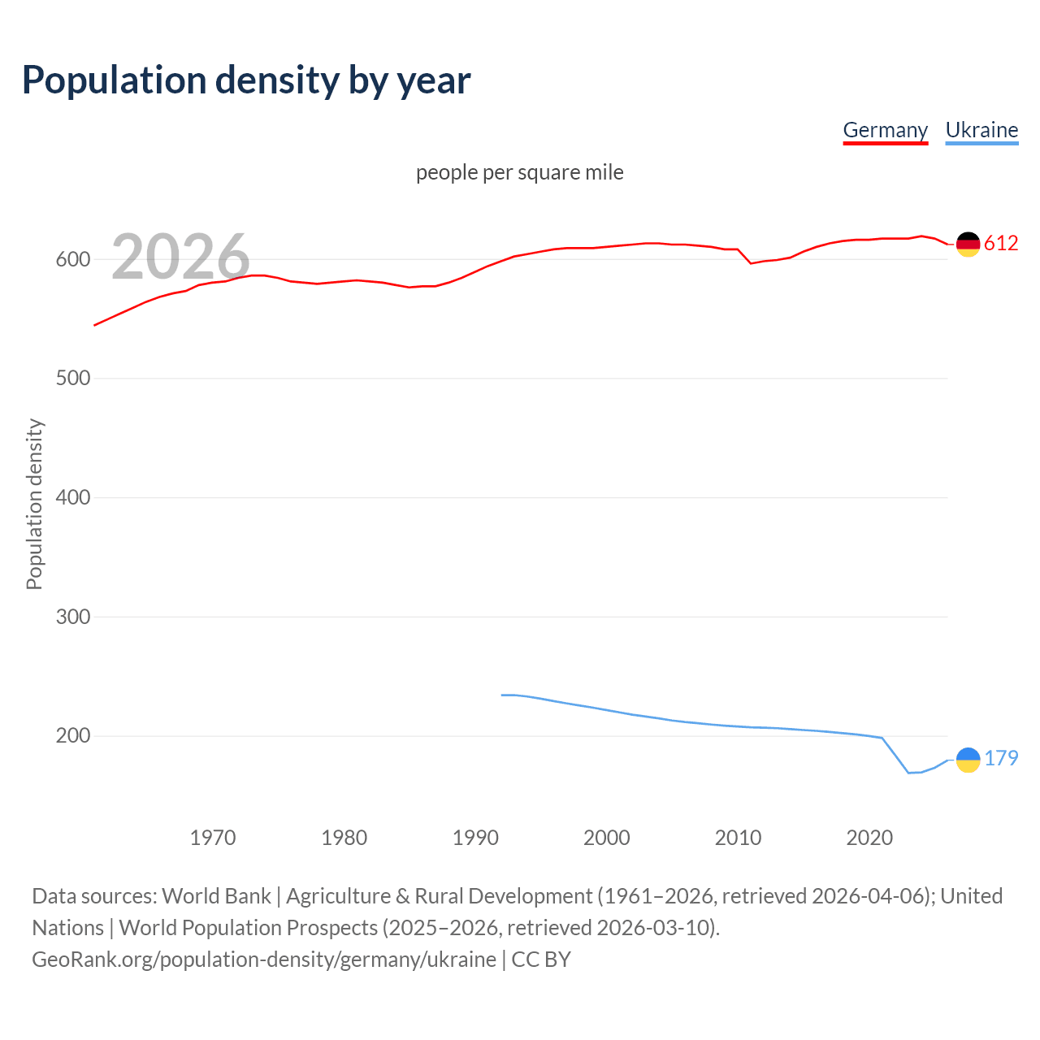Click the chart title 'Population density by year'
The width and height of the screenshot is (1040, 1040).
coord(246,80)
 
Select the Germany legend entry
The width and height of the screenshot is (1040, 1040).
coord(885,130)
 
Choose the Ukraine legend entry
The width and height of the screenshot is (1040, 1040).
coord(981,130)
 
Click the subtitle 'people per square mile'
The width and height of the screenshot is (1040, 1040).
coord(519,173)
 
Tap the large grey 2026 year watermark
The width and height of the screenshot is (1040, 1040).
coord(180,257)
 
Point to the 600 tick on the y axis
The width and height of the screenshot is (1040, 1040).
coord(72,260)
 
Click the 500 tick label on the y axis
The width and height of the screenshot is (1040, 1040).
coord(72,379)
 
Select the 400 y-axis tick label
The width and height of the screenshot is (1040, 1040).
coord(72,497)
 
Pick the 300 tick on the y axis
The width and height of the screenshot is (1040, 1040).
coord(72,617)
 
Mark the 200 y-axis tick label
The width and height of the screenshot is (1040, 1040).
coord(72,735)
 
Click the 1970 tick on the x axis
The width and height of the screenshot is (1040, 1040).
coord(213,838)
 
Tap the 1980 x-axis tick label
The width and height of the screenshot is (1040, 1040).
coord(344,838)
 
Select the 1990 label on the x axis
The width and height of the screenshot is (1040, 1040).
coord(475,838)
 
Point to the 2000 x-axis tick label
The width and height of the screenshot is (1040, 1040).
coord(607,838)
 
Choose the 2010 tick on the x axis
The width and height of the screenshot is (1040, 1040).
coord(738,838)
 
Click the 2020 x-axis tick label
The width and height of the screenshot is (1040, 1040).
coord(869,838)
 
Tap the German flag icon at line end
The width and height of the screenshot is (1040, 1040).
coord(968,244)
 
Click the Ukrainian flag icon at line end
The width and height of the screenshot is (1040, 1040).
coord(968,760)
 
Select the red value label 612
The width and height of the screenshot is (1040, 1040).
coord(1001,244)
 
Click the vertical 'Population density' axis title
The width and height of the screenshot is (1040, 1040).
coord(34,504)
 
